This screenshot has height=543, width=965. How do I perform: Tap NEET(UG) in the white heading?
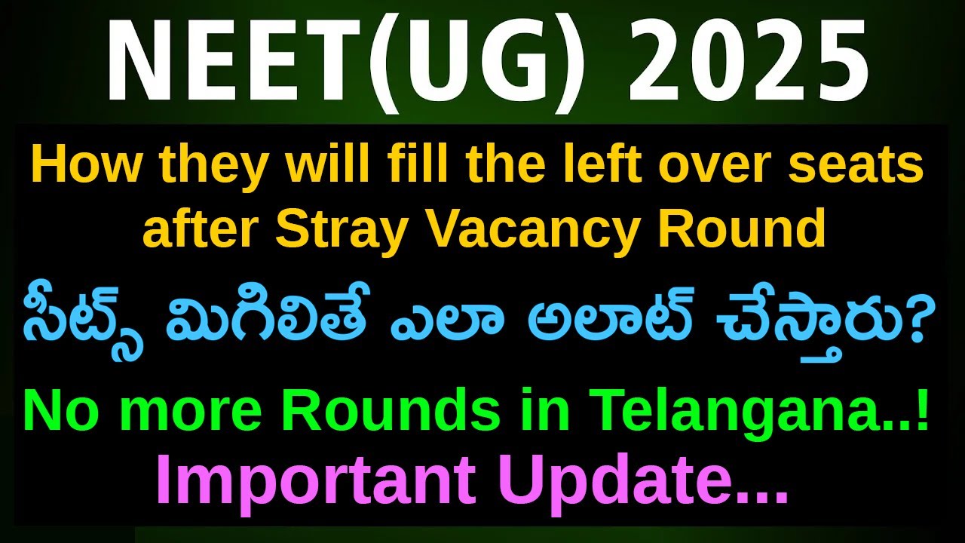[347, 61]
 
